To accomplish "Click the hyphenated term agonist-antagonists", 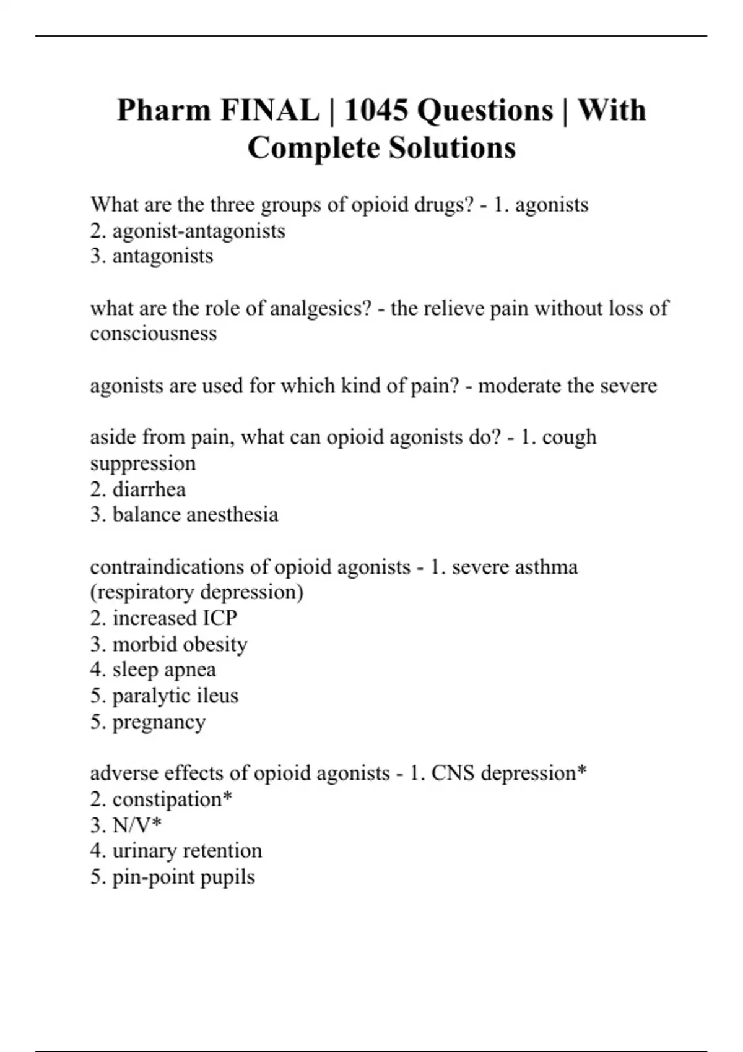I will pyautogui.click(x=199, y=231).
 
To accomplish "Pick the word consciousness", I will pyautogui.click(x=154, y=334).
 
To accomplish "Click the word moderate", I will pyautogui.click(x=518, y=386).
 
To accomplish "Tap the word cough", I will pyautogui.click(x=569, y=437).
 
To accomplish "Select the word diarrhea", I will pyautogui.click(x=149, y=489).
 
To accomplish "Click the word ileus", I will pyautogui.click(x=217, y=696).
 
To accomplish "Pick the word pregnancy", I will pyautogui.click(x=159, y=722).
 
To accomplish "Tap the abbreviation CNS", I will pyautogui.click(x=453, y=773).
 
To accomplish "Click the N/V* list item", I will pyautogui.click(x=137, y=825).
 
